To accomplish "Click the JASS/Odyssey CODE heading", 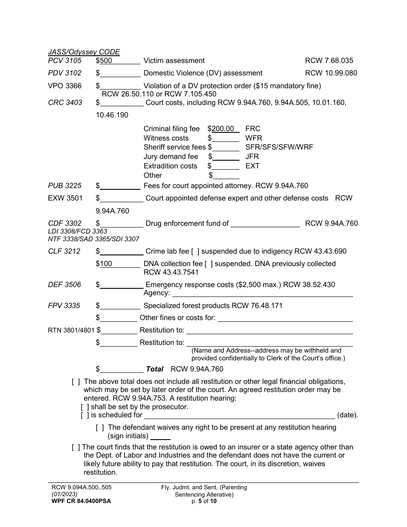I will (x=84, y=52).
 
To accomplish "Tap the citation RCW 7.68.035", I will (x=329, y=61).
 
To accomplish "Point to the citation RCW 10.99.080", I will (x=331, y=73).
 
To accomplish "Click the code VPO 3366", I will (x=65, y=86).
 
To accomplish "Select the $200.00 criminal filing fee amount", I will (x=223, y=129).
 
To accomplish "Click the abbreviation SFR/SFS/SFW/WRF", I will (x=279, y=147).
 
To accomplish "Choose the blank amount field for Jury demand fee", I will (x=226, y=157).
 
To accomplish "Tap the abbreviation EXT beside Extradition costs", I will (x=252, y=166).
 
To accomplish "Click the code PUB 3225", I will (x=64, y=186).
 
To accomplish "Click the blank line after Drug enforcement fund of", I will (x=265, y=224).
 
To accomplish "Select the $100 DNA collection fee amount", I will (x=106, y=264).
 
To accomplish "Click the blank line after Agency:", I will (x=262, y=294).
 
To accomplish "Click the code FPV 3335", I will (x=64, y=306).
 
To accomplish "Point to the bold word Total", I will (x=155, y=369).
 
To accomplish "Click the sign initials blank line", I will (x=161, y=437).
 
